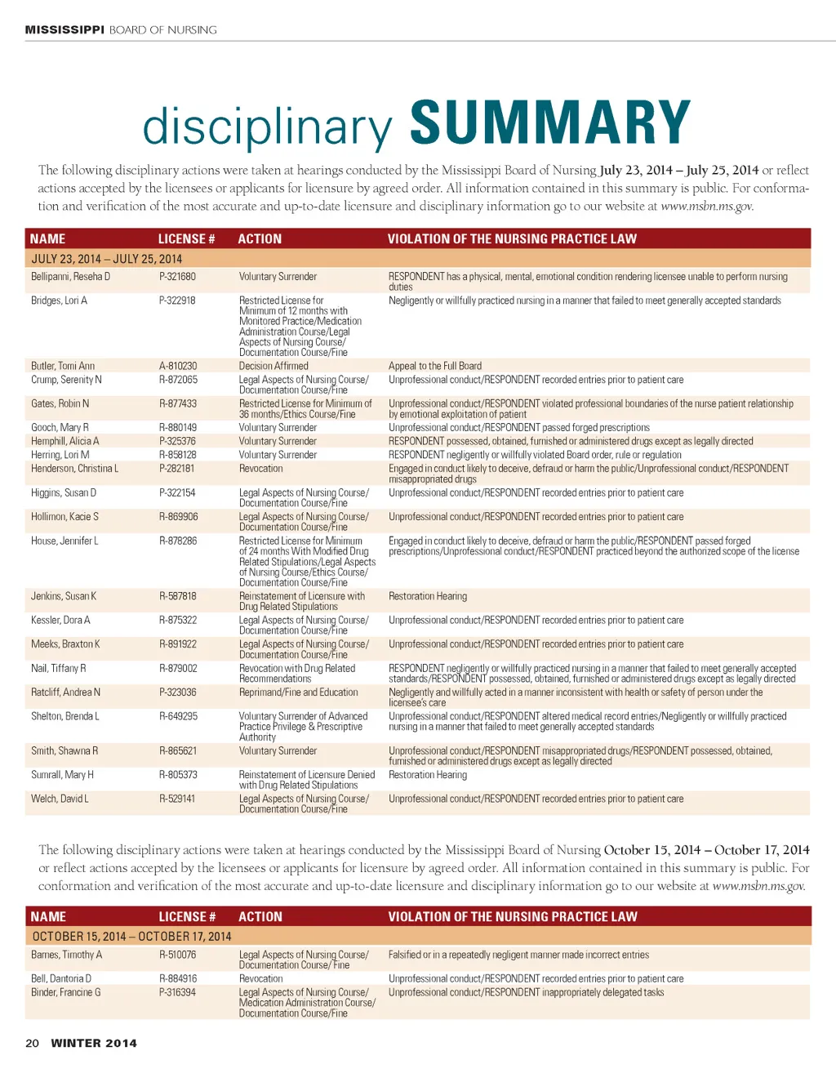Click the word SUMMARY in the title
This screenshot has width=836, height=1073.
click(x=549, y=123)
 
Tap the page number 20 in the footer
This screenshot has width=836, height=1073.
click(x=32, y=1043)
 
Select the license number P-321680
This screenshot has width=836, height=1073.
click(x=177, y=277)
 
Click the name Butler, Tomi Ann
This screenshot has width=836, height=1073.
click(x=63, y=366)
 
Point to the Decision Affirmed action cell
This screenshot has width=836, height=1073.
click(x=273, y=366)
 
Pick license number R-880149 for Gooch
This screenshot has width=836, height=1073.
click(x=178, y=427)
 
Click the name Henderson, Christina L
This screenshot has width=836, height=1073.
click(x=74, y=469)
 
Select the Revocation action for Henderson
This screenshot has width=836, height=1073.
click(x=261, y=469)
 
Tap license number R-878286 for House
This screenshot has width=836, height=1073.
click(x=178, y=541)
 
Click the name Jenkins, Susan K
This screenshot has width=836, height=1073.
click(x=64, y=596)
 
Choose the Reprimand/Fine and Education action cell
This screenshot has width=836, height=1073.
click(x=298, y=692)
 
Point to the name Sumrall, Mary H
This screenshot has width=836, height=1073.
click(x=62, y=775)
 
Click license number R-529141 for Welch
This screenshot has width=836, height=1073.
click(x=177, y=799)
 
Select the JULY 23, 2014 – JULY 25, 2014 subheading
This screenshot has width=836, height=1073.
click(x=106, y=259)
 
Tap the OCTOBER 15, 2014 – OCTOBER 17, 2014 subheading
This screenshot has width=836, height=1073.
click(x=131, y=937)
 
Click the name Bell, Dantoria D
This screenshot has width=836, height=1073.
click(x=61, y=978)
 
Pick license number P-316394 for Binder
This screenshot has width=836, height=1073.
click(x=178, y=992)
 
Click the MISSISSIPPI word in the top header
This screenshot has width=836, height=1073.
click(x=64, y=30)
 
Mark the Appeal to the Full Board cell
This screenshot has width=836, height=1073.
click(x=435, y=366)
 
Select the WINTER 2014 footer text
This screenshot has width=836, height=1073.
click(x=94, y=1043)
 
